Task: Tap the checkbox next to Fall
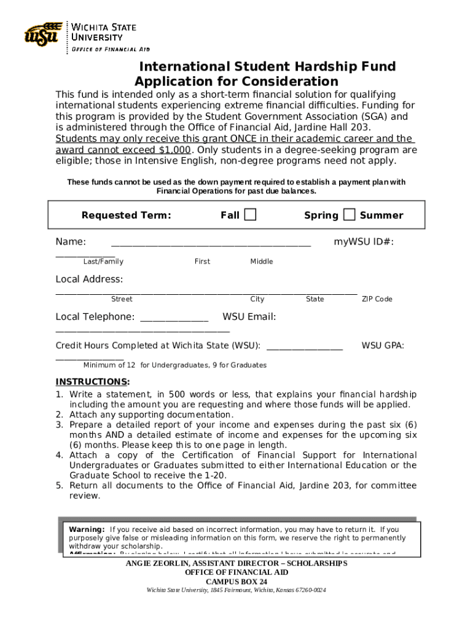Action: click(250, 214)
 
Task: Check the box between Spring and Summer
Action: click(349, 214)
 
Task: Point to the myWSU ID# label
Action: click(364, 242)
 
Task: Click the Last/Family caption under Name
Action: click(103, 262)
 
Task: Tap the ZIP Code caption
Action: click(377, 299)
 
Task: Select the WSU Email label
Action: click(249, 317)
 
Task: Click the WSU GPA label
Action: click(383, 346)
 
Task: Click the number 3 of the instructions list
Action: click(60, 425)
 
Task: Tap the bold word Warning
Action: click(87, 529)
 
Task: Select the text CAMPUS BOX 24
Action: click(237, 582)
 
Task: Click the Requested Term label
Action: click(126, 215)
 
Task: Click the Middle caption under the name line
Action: click(262, 262)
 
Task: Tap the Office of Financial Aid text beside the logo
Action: click(111, 49)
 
